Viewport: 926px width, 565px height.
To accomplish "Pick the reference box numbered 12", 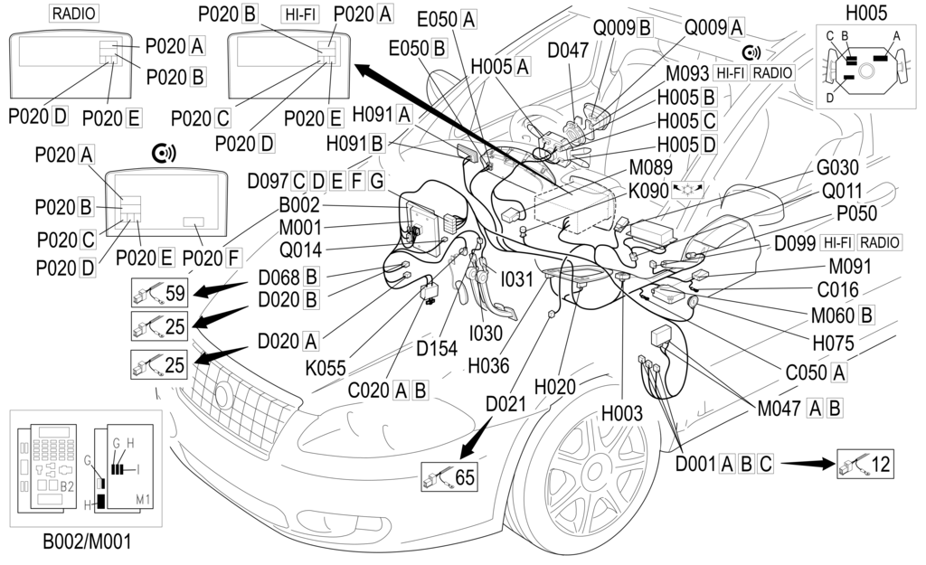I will (x=865, y=465).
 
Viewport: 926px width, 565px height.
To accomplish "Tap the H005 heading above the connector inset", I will (x=866, y=14).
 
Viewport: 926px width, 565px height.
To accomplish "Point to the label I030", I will (x=486, y=333).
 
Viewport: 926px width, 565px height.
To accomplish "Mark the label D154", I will (x=439, y=348).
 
